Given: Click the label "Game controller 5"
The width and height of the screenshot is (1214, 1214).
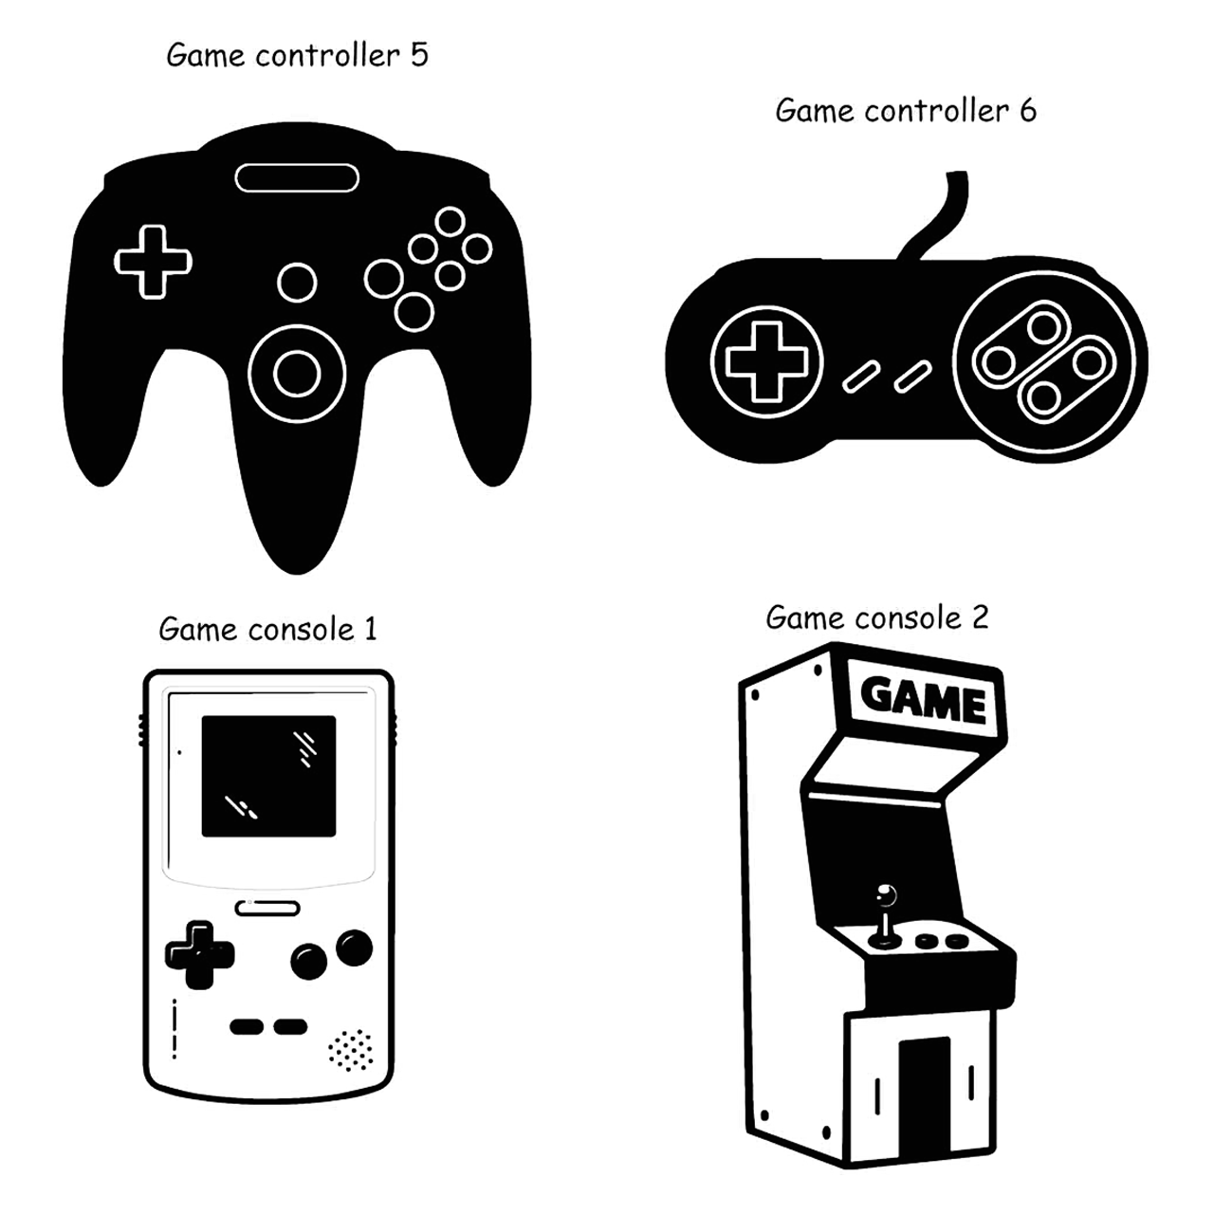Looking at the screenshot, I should point(297,55).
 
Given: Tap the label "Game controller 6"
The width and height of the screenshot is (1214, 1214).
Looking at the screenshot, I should point(906,111).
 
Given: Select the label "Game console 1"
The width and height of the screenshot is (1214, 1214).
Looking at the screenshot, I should point(267,629).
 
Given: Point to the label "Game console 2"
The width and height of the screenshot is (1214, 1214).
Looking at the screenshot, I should point(876,618).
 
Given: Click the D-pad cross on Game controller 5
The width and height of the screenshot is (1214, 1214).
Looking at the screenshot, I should point(153,261).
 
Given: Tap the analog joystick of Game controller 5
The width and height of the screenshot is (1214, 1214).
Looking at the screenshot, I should point(297,373).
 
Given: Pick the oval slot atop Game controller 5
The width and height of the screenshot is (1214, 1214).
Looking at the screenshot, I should point(297,177).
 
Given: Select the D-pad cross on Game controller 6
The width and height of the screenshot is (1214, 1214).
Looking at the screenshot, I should point(766,361).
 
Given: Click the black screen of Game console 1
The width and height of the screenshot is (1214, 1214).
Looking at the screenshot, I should point(268,776).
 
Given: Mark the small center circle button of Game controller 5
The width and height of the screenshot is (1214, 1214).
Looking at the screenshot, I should point(297,283).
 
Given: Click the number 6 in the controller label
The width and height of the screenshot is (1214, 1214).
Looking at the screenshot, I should point(1028,111).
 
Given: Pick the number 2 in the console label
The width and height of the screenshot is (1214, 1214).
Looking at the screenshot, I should point(980,618).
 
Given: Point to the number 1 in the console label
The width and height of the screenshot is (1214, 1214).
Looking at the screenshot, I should point(370,629).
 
